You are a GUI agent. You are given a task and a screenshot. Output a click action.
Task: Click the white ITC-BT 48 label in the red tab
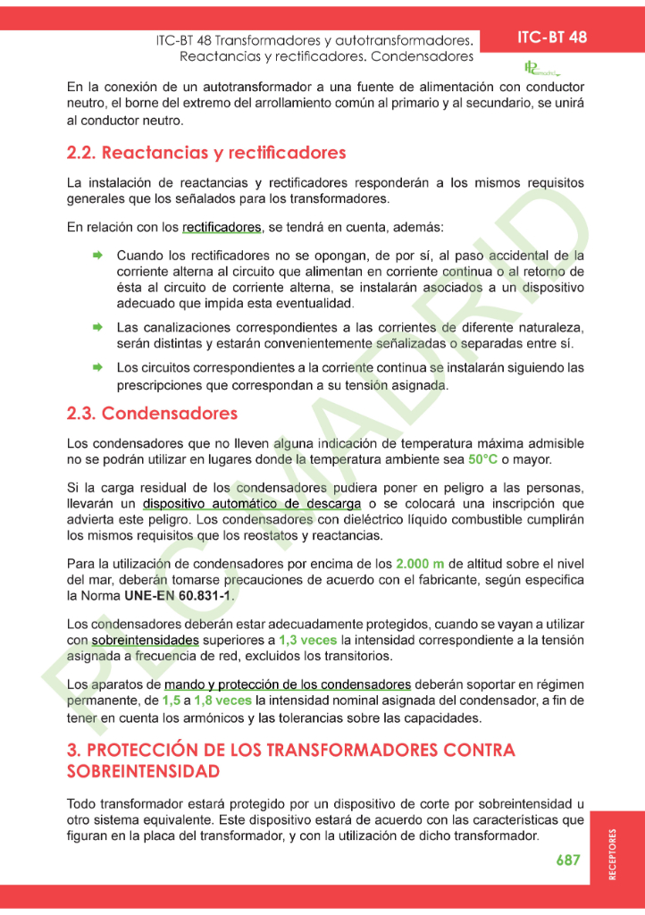(x=552, y=37)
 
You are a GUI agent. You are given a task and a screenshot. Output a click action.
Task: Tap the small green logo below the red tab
(x=540, y=68)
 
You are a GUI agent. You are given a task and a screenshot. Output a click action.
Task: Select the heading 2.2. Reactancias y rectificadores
(x=206, y=153)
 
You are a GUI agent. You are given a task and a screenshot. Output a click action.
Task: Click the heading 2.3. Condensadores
(x=152, y=414)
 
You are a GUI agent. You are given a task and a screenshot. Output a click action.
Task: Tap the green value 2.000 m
(x=420, y=564)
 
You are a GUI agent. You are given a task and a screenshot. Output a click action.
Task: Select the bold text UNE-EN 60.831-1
(x=172, y=596)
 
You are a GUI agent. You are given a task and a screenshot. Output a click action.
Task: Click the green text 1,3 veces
(x=307, y=641)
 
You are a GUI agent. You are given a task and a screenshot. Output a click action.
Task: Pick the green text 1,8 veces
(x=222, y=701)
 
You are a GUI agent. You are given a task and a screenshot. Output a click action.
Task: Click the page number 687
(x=568, y=860)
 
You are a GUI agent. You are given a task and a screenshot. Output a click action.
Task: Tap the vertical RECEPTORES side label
(x=612, y=854)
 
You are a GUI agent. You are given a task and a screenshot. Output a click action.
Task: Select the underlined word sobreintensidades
(x=146, y=641)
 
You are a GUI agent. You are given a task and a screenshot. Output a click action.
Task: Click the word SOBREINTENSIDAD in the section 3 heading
(x=144, y=771)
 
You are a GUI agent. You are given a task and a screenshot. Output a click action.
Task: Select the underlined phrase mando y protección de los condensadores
(x=288, y=685)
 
